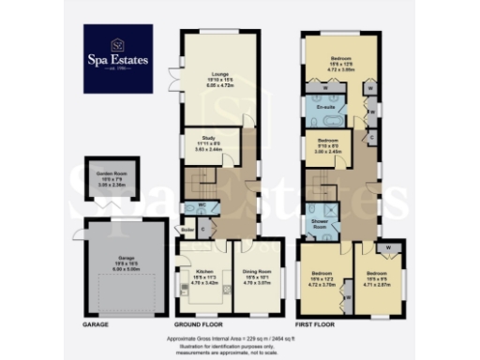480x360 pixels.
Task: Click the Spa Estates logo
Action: pyautogui.click(x=119, y=59)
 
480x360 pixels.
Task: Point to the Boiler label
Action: pyautogui.click(x=187, y=228)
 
